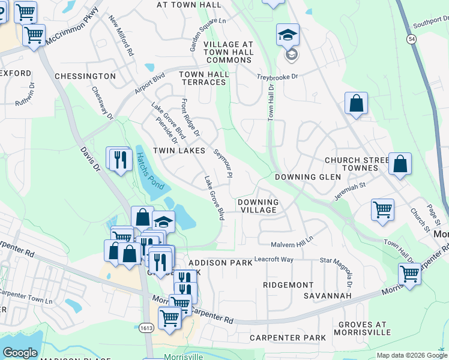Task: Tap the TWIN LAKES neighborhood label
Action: click(179, 150)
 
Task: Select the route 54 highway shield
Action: click(411, 38)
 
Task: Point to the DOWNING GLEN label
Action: click(304, 177)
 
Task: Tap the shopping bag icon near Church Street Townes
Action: click(400, 164)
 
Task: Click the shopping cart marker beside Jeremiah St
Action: click(382, 210)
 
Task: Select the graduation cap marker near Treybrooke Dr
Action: click(288, 35)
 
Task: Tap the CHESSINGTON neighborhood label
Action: click(85, 76)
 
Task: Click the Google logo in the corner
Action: click(20, 353)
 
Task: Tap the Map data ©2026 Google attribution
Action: click(411, 355)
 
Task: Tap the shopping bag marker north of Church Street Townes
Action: click(356, 103)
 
